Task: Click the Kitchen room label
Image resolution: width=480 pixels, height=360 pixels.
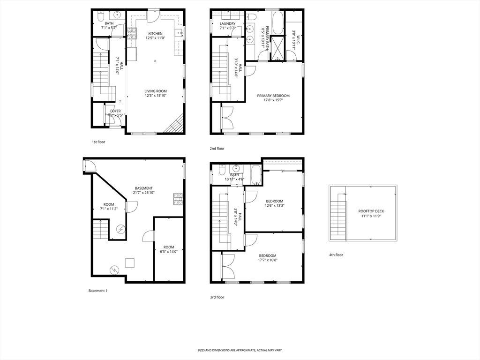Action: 155,34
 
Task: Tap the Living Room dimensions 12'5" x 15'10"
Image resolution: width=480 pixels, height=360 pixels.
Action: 155,96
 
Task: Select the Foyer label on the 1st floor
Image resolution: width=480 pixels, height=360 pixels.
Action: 115,111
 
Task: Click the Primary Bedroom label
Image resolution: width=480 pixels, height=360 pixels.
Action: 273,96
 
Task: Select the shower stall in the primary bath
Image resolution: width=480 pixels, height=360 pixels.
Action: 277,49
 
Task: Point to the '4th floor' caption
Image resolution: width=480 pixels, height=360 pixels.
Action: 336,255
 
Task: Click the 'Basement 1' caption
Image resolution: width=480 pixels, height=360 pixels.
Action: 98,291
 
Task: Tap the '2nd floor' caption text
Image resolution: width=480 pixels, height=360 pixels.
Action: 217,149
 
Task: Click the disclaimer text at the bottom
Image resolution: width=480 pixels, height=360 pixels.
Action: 240,350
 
